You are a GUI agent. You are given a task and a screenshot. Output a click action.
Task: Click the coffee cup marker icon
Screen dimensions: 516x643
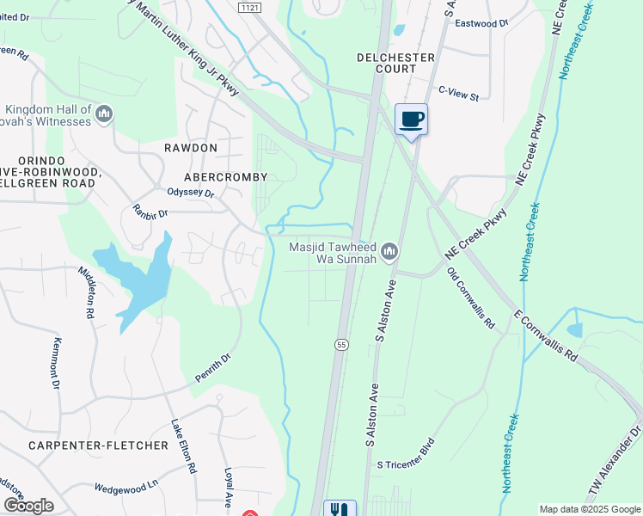[412, 119]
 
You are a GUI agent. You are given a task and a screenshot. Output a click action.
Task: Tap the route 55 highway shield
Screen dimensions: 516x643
[341, 344]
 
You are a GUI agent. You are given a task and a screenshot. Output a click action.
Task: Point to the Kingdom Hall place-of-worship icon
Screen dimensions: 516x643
[104, 114]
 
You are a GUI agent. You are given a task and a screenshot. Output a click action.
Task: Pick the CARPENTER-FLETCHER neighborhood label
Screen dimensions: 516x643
[97, 445]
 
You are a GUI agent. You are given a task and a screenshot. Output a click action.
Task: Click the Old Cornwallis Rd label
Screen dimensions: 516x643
[471, 298]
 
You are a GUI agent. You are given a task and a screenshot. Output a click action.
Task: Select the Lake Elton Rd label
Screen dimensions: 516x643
[183, 446]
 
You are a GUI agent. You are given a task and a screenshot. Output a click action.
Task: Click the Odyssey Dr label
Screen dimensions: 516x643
[190, 193]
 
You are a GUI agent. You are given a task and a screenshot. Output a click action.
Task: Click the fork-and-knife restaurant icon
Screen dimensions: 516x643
[339, 508]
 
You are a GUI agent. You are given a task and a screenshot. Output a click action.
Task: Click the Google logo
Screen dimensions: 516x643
[29, 506]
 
